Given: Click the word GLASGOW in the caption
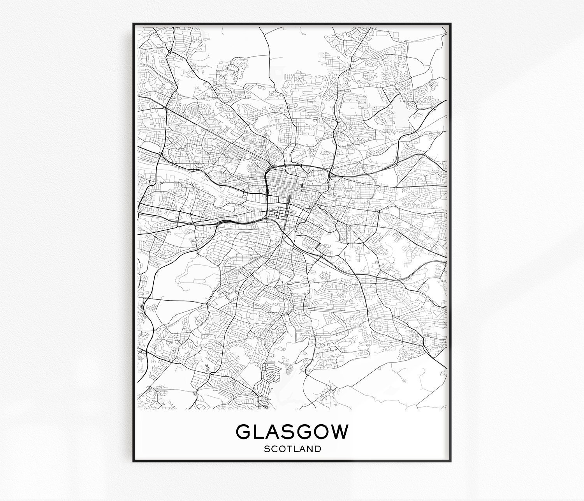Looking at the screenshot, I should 292,432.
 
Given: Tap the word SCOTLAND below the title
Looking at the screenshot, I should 292,449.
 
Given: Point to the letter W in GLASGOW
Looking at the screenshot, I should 339,432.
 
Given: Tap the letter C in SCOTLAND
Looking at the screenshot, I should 274,449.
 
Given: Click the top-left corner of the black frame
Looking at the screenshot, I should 134,23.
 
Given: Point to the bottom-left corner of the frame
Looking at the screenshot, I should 134,462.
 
